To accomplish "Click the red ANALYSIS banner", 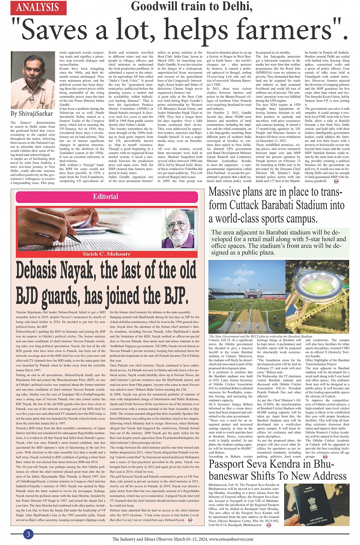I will click(x=38, y=7).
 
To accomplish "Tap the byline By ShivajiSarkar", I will click(x=32, y=114).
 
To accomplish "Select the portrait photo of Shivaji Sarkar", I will click(x=33, y=80).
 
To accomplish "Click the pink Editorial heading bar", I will click(x=106, y=197).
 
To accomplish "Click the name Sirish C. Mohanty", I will click(x=106, y=254).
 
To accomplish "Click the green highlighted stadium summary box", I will click(x=278, y=242).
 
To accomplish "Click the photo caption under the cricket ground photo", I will click(x=261, y=337).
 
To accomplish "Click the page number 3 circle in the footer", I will click(x=28, y=534).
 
